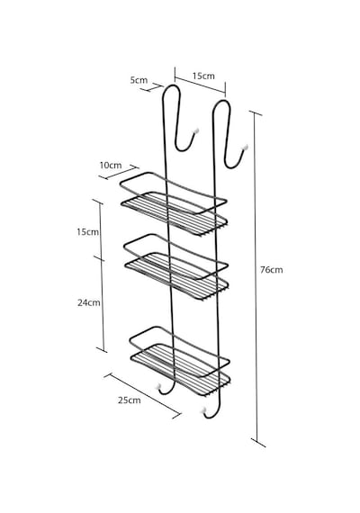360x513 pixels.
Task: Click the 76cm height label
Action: [x=271, y=270]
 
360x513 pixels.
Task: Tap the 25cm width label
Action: [x=130, y=400]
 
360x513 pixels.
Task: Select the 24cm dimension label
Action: [x=89, y=302]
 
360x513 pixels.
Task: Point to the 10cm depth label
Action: [x=111, y=166]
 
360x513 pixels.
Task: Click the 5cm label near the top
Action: [x=139, y=80]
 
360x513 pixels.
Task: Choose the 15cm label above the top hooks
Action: [x=203, y=76]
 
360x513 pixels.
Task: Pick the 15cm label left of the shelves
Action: [x=87, y=232]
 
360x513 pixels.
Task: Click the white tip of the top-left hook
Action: [x=196, y=130]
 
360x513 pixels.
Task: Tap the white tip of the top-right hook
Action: [x=245, y=148]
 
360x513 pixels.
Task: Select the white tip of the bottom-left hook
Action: [x=160, y=386]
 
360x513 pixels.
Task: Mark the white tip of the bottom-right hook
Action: [x=204, y=409]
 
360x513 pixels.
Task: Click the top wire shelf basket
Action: [x=174, y=203]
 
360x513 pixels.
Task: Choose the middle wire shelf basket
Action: [x=176, y=266]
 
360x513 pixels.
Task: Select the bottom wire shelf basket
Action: [x=180, y=362]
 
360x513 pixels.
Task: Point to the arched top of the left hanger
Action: [x=171, y=85]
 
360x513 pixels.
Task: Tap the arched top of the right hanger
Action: [x=222, y=101]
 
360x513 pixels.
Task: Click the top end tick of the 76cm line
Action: [x=256, y=113]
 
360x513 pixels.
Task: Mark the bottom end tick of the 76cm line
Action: [x=258, y=443]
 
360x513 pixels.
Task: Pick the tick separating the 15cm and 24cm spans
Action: [x=99, y=258]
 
